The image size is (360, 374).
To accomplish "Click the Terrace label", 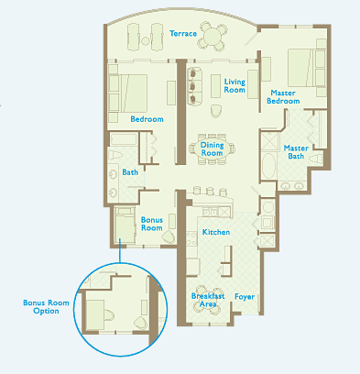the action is click(183, 33).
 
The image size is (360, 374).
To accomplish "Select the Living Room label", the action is click(235, 86).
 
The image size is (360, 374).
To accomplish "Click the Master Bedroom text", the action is click(283, 97).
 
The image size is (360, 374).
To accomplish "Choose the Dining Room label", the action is click(212, 149).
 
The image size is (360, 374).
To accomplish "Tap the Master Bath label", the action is click(296, 152).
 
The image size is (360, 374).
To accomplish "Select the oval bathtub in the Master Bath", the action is click(268, 166).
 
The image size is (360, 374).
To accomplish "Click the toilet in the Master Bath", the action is click(316, 159).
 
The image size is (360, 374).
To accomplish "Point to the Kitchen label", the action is click(216, 232).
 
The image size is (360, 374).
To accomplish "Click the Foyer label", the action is click(245, 297).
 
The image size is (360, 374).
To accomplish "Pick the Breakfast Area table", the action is click(208, 301).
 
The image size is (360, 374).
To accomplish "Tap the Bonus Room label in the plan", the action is click(152, 224).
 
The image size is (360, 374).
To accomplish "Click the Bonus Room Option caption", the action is click(46, 307).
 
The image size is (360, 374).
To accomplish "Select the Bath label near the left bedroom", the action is click(130, 172).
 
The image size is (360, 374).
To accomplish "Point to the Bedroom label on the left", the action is click(147, 119).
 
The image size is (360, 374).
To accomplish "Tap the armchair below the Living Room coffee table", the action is click(216, 111).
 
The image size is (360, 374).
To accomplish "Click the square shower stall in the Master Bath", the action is click(270, 141).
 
